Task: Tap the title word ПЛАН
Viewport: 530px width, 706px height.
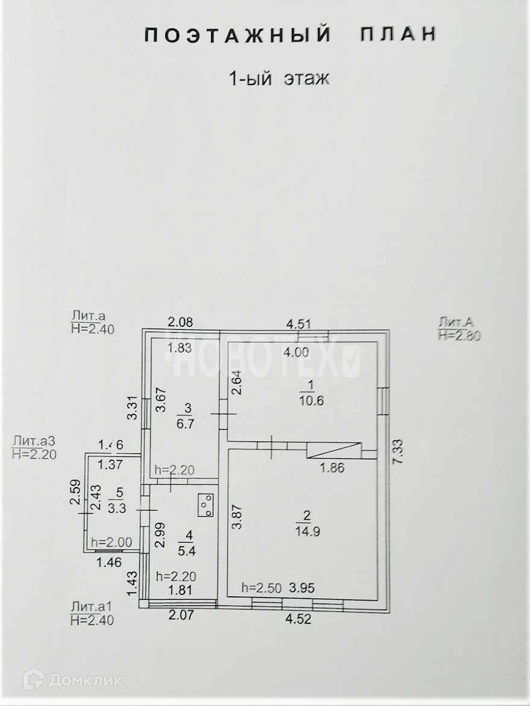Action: pyautogui.click(x=398, y=35)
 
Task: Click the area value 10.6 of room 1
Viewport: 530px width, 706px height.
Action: pyautogui.click(x=308, y=400)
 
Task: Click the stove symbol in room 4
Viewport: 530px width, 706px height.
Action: pyautogui.click(x=206, y=505)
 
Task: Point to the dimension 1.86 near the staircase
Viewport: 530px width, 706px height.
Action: pyautogui.click(x=331, y=468)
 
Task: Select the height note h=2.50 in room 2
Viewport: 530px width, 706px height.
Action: pyautogui.click(x=260, y=587)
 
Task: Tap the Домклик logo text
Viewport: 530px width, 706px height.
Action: pyautogui.click(x=84, y=681)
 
